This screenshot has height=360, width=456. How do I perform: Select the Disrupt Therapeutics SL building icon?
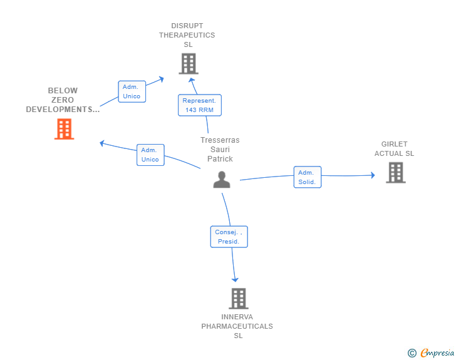pyautogui.click(x=188, y=63)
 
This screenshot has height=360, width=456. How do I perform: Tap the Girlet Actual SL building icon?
pyautogui.click(x=395, y=172)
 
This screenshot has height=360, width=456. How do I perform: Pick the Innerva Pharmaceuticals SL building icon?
pyautogui.click(x=238, y=299)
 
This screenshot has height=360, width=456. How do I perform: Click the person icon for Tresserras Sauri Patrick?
pyautogui.click(x=222, y=180)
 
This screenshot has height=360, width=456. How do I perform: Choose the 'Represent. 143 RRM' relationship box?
pyautogui.click(x=199, y=105)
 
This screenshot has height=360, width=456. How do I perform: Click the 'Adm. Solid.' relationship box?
pyautogui.click(x=307, y=177)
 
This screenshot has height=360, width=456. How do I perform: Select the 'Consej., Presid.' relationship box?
pyautogui.click(x=229, y=237)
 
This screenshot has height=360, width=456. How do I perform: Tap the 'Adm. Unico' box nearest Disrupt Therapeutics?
pyautogui.click(x=132, y=91)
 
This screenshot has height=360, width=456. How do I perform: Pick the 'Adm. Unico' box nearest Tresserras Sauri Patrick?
pyautogui.click(x=150, y=155)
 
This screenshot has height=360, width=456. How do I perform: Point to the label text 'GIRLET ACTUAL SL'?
pyautogui.click(x=395, y=149)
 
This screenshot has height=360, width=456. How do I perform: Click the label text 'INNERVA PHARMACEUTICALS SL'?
pyautogui.click(x=237, y=326)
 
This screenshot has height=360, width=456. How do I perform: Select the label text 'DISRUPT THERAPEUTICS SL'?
pyautogui.click(x=187, y=35)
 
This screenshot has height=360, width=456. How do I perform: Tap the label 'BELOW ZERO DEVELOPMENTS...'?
pyautogui.click(x=63, y=100)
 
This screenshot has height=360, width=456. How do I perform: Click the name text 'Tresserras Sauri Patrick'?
pyautogui.click(x=220, y=150)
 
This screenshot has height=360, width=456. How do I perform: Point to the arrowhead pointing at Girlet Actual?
pyautogui.click(x=372, y=175)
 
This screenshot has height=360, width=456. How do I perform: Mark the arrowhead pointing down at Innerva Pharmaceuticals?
pyautogui.click(x=236, y=279)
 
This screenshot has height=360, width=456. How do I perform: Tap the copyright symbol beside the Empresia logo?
pyautogui.click(x=412, y=354)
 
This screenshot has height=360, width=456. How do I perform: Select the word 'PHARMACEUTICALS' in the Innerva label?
pyautogui.click(x=237, y=326)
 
